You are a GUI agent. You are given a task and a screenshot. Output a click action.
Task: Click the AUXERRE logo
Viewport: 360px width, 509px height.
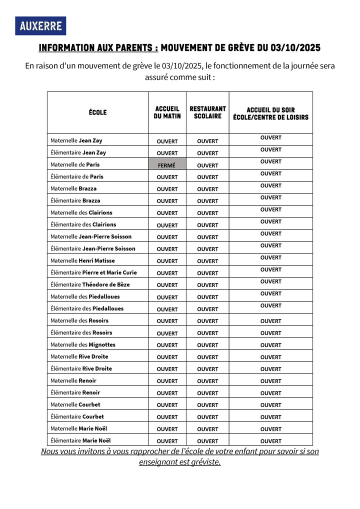click(x=40, y=26)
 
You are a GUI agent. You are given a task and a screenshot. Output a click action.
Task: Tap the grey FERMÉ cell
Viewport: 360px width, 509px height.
click(x=167, y=165)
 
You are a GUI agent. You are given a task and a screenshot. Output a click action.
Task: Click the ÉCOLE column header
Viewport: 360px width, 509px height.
click(x=97, y=112)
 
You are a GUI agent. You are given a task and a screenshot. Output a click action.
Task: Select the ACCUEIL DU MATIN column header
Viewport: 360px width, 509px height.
click(x=167, y=112)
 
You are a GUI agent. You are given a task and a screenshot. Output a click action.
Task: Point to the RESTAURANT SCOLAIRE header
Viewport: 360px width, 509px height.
click(x=207, y=112)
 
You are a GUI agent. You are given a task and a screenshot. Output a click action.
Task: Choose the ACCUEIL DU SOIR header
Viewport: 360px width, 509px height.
click(x=270, y=113)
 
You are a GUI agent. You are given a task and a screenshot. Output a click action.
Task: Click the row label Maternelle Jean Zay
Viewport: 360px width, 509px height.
click(x=76, y=140)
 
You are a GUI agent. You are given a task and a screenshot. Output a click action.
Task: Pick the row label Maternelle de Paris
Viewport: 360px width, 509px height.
click(x=75, y=164)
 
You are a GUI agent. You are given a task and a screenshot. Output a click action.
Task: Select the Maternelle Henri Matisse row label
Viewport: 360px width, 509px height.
click(x=82, y=260)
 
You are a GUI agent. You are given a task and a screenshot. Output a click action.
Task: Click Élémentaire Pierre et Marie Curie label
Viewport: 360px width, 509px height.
click(x=93, y=272)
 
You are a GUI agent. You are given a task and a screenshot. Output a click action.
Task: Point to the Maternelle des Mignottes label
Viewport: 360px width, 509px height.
click(x=83, y=344)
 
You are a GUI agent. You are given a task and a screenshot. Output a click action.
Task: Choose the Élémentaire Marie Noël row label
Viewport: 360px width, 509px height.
click(x=80, y=440)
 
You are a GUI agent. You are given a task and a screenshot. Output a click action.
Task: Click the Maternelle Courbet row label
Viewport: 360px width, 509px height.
click(x=75, y=404)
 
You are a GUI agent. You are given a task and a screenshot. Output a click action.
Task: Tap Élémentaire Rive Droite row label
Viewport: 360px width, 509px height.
click(x=81, y=368)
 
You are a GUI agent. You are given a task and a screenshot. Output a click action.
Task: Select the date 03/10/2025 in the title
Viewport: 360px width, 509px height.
click(x=295, y=48)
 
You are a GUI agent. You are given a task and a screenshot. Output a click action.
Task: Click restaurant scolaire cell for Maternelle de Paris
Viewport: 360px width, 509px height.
click(x=207, y=165)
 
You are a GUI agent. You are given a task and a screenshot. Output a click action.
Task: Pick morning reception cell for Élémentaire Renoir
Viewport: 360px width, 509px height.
click(x=167, y=393)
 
